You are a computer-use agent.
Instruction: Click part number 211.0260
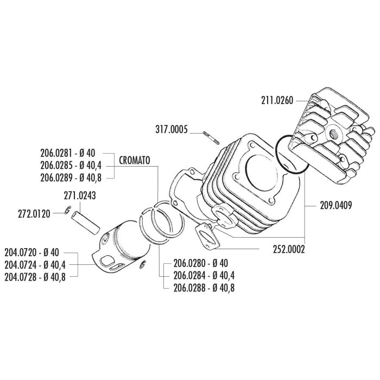point(277,100)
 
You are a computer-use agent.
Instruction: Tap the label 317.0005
point(172,129)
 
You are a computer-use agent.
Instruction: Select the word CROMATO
point(135,160)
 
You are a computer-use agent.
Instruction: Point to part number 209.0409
point(335,206)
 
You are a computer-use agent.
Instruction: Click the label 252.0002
point(289,249)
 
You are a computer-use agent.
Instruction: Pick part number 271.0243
point(80,195)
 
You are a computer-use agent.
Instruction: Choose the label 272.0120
point(34,214)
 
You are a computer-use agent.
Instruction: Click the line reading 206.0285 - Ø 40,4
point(71,166)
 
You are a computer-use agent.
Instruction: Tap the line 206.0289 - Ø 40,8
point(71,178)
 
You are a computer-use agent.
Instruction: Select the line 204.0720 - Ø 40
point(31,252)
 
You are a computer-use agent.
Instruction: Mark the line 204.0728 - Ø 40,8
point(35,277)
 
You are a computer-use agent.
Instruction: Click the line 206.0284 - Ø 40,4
point(204,275)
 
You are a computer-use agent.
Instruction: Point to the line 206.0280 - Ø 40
point(201,263)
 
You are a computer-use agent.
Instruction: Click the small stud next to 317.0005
point(211,137)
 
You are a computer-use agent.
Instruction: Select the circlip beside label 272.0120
point(68,210)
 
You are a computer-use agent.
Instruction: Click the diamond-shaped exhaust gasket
point(208,236)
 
